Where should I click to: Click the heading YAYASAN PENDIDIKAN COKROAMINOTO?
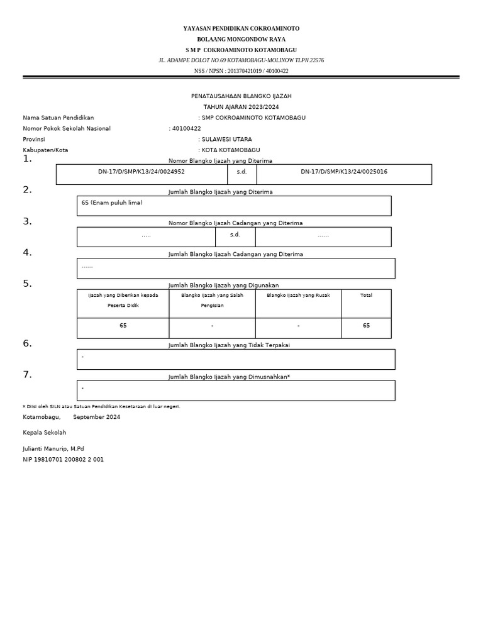(x=241, y=29)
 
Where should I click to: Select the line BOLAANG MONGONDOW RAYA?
(x=241, y=39)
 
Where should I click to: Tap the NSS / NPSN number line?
(x=241, y=71)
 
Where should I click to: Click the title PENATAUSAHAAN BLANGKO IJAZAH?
(x=241, y=96)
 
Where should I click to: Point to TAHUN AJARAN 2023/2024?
(x=241, y=107)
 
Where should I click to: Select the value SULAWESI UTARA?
(x=226, y=140)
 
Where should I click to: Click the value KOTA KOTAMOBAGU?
(x=230, y=150)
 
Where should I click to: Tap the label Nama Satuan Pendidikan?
(x=58, y=118)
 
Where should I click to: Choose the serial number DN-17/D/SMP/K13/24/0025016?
(x=343, y=172)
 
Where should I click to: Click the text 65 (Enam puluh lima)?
(x=112, y=203)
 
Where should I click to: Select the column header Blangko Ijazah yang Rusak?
(x=298, y=295)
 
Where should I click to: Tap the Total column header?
(x=366, y=295)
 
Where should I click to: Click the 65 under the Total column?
(x=366, y=326)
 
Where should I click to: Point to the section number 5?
(x=27, y=284)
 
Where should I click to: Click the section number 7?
(x=27, y=375)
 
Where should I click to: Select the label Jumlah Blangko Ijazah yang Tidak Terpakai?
(x=229, y=345)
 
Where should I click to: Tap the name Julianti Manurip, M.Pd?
(x=53, y=449)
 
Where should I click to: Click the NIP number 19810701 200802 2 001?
(x=64, y=460)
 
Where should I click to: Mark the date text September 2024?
(x=96, y=417)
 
